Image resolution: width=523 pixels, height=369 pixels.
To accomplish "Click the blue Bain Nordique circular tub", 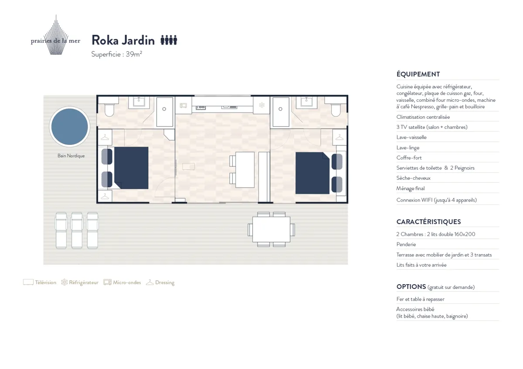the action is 70,127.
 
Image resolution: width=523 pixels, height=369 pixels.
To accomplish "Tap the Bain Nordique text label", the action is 71,156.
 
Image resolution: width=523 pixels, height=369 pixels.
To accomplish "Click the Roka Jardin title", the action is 123,40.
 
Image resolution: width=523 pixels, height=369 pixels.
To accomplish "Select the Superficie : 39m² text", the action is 117,54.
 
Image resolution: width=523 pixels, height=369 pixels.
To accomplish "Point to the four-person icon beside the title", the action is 169,40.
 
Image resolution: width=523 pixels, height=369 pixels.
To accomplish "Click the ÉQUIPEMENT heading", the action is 418,74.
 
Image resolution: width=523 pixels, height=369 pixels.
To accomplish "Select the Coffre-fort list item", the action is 409,158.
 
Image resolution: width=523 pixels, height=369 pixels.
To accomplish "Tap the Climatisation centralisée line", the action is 423,117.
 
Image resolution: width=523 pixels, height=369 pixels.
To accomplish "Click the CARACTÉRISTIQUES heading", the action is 428,221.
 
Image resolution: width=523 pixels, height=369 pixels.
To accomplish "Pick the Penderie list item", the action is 406,244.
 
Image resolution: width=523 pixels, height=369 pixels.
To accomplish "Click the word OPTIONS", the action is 411,286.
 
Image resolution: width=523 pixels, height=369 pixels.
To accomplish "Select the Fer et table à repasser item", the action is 420,299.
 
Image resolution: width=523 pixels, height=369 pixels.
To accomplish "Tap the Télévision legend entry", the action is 40,282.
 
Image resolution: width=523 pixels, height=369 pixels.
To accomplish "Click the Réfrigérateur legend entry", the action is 80,282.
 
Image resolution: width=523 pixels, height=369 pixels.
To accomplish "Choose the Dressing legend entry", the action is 160,282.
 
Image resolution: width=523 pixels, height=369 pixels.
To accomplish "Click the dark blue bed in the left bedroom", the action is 131,168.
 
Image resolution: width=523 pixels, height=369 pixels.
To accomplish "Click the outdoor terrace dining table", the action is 271,229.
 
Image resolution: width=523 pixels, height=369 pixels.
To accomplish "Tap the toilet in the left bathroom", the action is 109,110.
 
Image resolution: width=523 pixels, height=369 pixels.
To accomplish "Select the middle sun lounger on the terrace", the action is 77,230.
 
